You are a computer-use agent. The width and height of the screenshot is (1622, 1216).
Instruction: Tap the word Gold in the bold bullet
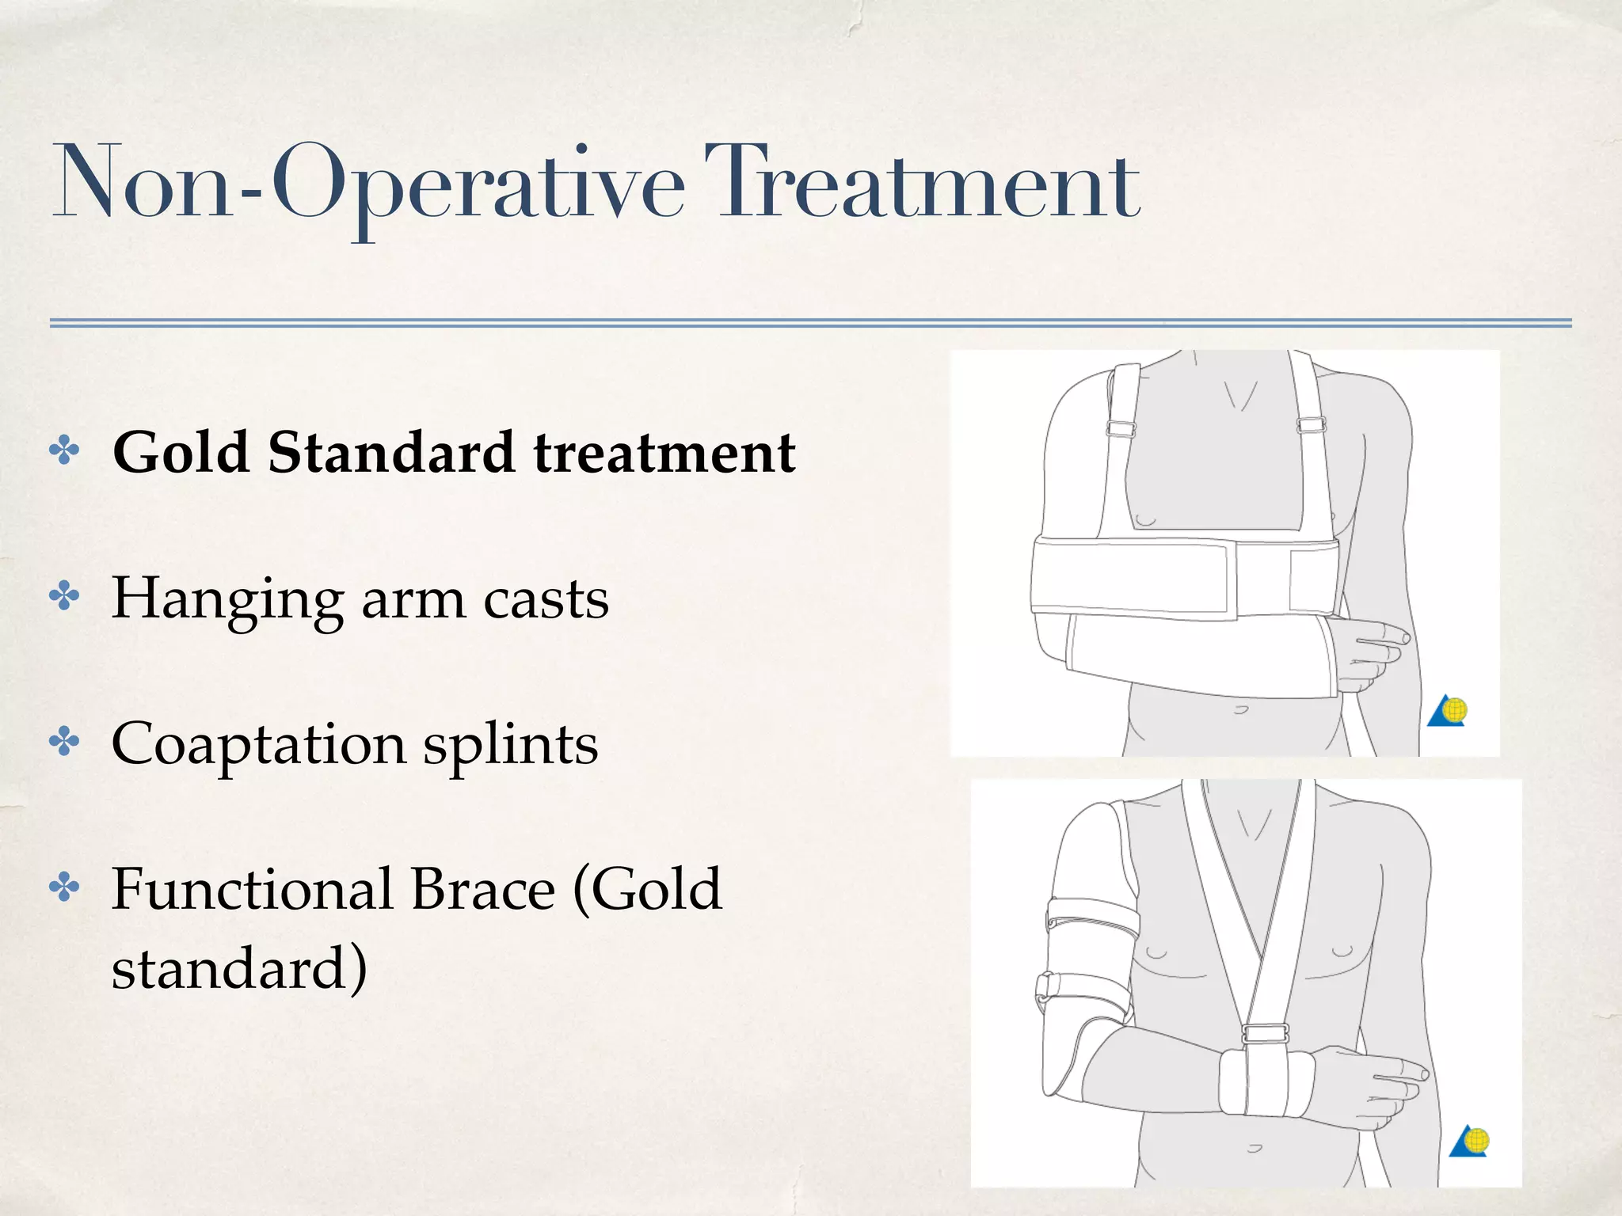[x=181, y=452]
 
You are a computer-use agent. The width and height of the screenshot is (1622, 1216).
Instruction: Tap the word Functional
[x=253, y=889]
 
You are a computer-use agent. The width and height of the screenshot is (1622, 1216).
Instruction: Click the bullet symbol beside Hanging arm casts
[x=65, y=597]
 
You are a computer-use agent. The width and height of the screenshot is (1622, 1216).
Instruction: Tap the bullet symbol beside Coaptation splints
[x=65, y=742]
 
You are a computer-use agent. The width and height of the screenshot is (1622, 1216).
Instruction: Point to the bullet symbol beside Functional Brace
[x=65, y=887]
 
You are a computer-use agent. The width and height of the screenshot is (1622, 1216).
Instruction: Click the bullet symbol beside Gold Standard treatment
[x=65, y=451]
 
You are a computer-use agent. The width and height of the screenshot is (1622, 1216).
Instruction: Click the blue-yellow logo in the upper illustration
[x=1448, y=710]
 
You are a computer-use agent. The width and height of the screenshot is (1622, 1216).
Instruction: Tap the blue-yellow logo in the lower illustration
[x=1470, y=1142]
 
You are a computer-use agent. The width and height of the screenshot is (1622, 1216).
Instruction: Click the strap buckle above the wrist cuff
[x=1265, y=1033]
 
